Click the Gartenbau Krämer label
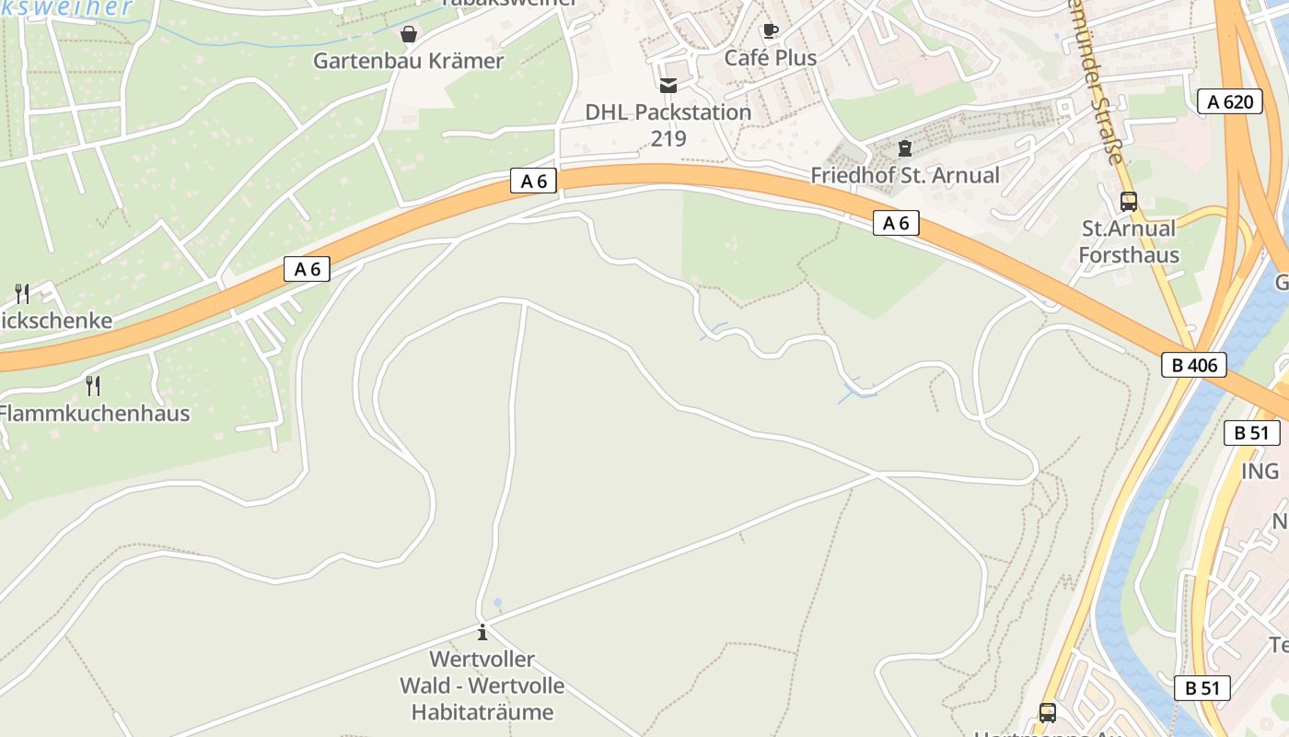point(408,61)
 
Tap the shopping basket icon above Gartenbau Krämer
point(408,34)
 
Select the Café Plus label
point(770,57)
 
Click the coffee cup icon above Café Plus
point(771,30)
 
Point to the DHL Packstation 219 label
point(668,124)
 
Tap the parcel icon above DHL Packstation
point(668,86)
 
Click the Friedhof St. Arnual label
point(904,175)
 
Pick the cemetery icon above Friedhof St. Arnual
point(904,148)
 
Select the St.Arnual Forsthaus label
point(1129,241)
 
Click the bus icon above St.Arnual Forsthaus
point(1129,201)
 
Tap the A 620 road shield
point(1230,101)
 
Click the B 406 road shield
point(1194,365)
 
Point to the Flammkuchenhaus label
point(94,413)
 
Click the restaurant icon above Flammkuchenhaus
point(93,385)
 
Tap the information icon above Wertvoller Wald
point(482,633)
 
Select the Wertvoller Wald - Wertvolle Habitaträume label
point(482,685)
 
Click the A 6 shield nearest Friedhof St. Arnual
point(896,223)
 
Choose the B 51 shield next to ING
point(1251,433)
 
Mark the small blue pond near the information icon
point(497,603)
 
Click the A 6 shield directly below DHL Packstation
point(534,181)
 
